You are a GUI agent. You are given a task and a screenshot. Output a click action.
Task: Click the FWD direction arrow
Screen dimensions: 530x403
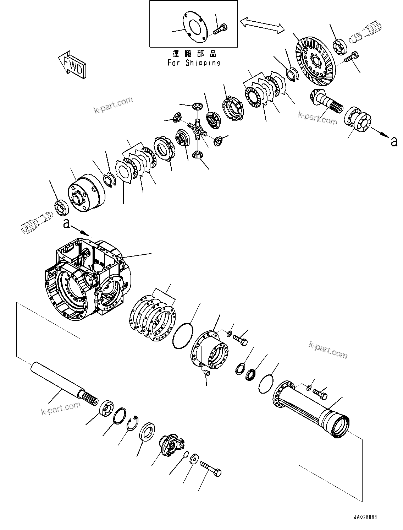pyautogui.click(x=72, y=64)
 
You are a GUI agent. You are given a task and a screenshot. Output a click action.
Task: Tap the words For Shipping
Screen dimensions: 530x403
pyautogui.click(x=194, y=63)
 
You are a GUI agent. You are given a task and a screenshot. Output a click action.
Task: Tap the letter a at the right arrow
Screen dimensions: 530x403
pyautogui.click(x=393, y=142)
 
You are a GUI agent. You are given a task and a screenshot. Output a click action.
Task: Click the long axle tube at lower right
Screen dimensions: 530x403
pyautogui.click(x=312, y=405)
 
